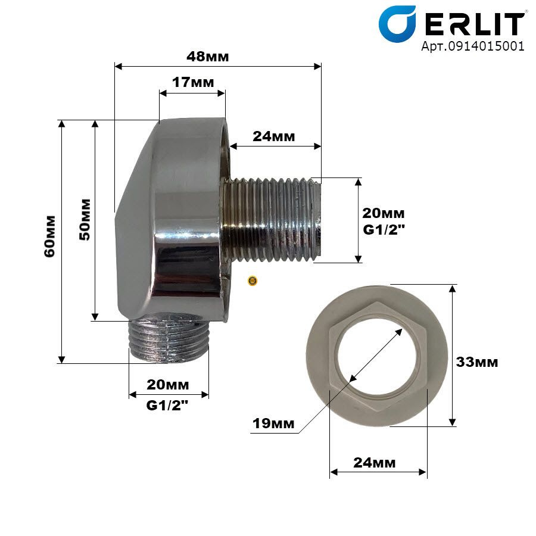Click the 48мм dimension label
(207, 57)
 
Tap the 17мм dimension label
(193, 82)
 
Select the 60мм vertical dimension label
(50, 236)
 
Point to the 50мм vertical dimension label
(85, 219)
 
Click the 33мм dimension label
(477, 362)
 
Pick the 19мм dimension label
(273, 423)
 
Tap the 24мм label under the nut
(375, 463)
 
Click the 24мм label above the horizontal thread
(273, 136)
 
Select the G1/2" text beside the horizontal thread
(384, 230)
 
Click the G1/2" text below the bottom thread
(167, 406)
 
